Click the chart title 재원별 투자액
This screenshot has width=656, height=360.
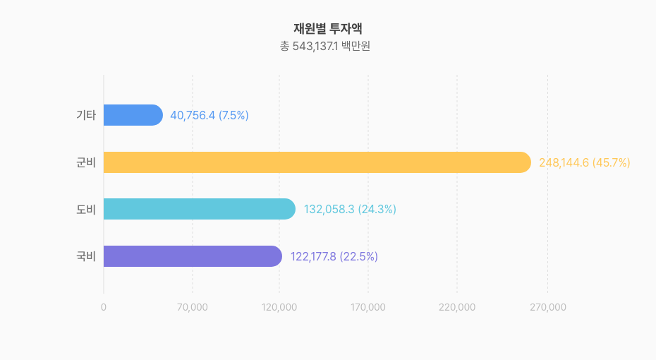pyautogui.click(x=327, y=29)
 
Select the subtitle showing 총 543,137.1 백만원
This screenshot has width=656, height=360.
pyautogui.click(x=327, y=47)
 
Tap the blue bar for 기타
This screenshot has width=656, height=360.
pyautogui.click(x=133, y=115)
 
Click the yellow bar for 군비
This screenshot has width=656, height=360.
pyautogui.click(x=317, y=162)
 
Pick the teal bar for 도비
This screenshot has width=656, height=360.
pyautogui.click(x=199, y=209)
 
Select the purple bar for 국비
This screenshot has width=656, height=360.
pyautogui.click(x=193, y=256)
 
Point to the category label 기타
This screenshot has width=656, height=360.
pyautogui.click(x=85, y=115)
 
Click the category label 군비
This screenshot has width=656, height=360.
pyautogui.click(x=85, y=162)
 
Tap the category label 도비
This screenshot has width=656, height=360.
pyautogui.click(x=85, y=209)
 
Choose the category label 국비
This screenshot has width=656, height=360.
pyautogui.click(x=85, y=256)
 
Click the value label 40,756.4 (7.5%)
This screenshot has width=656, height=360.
pyautogui.click(x=209, y=115)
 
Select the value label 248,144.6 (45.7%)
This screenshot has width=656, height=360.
pyautogui.click(x=584, y=162)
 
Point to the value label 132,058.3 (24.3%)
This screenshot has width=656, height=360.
pyautogui.click(x=350, y=209)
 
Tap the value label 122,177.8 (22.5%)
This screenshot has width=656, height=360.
pyautogui.click(x=334, y=256)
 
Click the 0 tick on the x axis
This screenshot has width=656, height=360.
pyautogui.click(x=104, y=307)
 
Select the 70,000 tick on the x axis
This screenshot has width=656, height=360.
pyautogui.click(x=192, y=307)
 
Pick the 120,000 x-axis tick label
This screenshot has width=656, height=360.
pyautogui.click(x=279, y=307)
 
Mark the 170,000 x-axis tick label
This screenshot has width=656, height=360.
pyautogui.click(x=368, y=307)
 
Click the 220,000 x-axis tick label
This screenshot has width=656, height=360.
pyautogui.click(x=457, y=307)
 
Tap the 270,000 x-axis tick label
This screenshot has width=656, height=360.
pyautogui.click(x=547, y=307)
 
